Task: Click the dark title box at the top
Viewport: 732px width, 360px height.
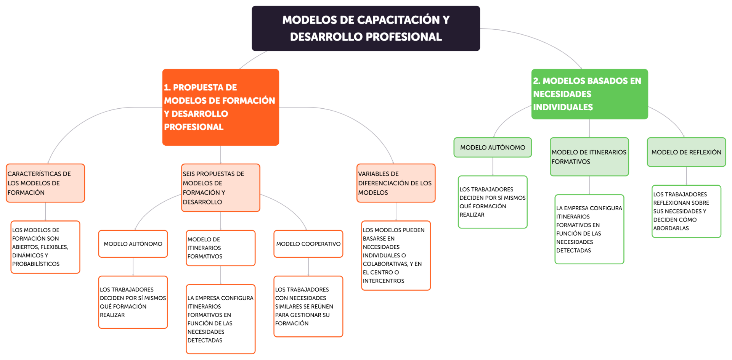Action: click(x=366, y=28)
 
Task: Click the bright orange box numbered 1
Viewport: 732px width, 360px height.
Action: click(x=220, y=107)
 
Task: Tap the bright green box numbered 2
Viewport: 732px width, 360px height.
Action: click(x=589, y=94)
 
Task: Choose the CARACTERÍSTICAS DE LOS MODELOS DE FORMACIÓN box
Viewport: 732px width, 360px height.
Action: click(x=45, y=183)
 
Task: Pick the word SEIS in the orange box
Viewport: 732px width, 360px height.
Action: click(x=190, y=174)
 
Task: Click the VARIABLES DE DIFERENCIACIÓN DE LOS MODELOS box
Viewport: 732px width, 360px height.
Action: click(x=396, y=183)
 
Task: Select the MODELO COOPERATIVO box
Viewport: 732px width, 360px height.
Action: click(x=308, y=244)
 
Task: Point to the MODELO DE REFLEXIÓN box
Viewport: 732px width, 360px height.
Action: click(x=686, y=152)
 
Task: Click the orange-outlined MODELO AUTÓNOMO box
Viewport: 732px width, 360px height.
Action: click(x=133, y=244)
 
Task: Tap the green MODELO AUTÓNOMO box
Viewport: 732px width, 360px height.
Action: click(x=492, y=148)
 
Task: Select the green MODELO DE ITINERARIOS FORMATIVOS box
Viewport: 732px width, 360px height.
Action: click(x=589, y=157)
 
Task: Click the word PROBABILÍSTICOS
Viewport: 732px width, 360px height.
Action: click(x=36, y=264)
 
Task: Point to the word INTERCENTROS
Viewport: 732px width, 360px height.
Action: click(x=383, y=281)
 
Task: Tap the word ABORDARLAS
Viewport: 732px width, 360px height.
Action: click(x=671, y=228)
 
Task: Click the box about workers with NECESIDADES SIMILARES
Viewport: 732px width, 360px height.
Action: click(x=308, y=307)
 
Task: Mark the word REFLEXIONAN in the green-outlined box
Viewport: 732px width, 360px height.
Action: click(x=681, y=203)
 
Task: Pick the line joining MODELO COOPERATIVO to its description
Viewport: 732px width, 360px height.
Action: click(x=308, y=267)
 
